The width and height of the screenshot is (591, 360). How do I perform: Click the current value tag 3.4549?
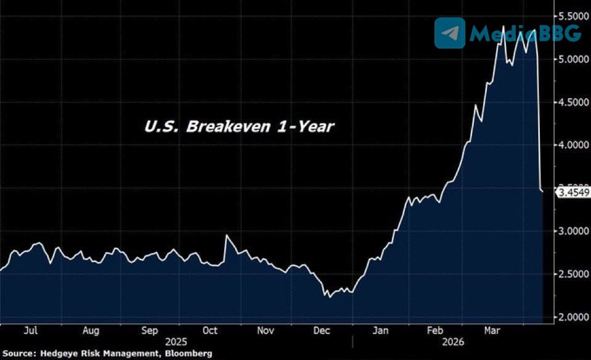(x=573, y=193)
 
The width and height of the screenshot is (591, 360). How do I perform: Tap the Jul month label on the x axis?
(x=31, y=330)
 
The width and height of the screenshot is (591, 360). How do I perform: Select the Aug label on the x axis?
(x=91, y=330)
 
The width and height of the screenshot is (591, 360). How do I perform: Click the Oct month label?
(x=210, y=330)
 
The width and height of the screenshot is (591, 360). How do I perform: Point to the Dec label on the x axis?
(x=322, y=330)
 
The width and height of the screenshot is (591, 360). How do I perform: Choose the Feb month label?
(x=436, y=330)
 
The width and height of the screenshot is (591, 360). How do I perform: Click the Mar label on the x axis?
(x=491, y=330)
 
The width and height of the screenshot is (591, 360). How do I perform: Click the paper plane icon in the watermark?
(x=449, y=33)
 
